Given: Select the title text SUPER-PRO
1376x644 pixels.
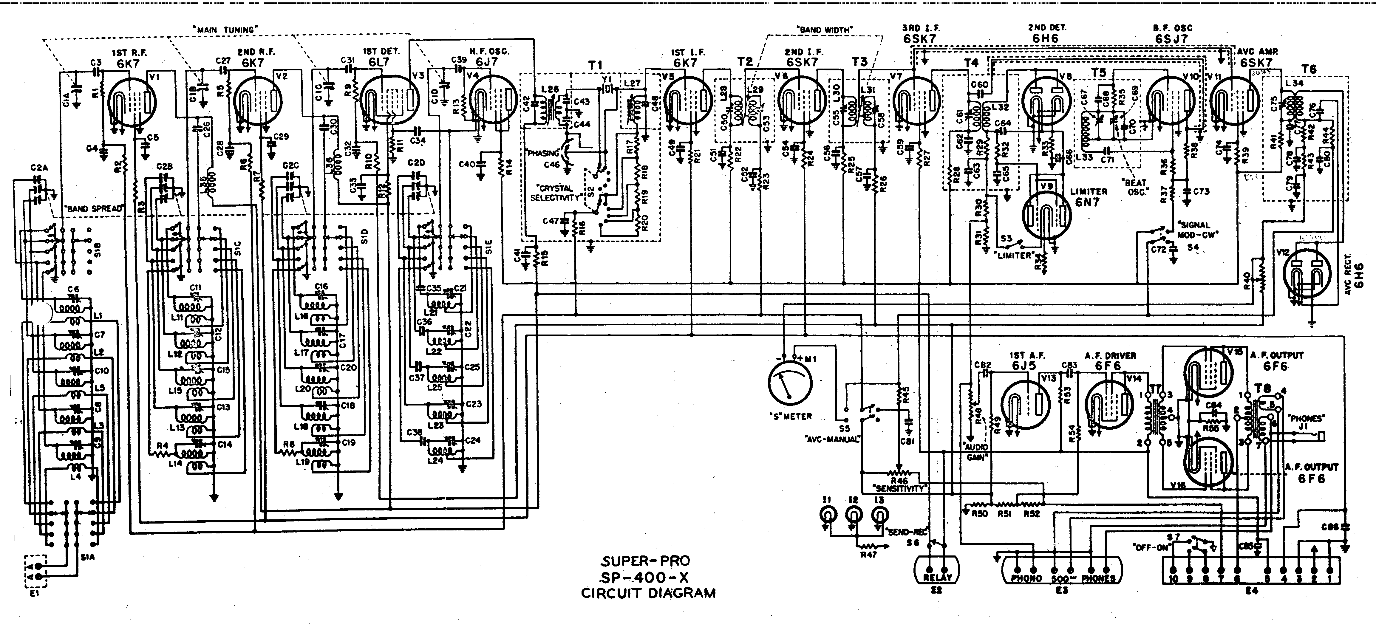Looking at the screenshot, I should coord(646,561).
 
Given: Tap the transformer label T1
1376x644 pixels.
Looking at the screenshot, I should coord(595,65).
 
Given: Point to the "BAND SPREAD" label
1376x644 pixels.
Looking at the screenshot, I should coord(93,209).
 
